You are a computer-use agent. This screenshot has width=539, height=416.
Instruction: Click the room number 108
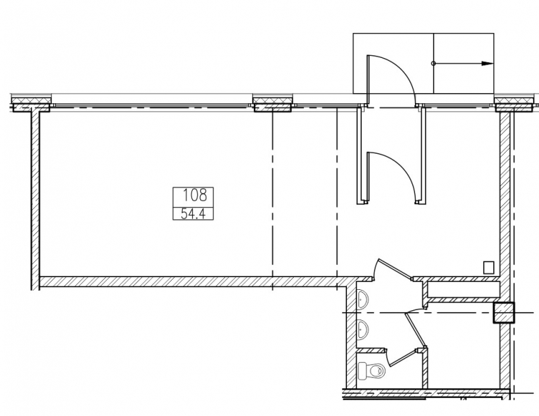(194, 196)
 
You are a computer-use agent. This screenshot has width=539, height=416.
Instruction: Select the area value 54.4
(193, 214)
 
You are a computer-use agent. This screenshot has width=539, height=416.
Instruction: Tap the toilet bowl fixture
(371, 371)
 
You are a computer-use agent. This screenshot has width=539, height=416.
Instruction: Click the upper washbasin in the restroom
(362, 299)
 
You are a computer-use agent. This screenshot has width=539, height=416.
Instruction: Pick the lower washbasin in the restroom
(362, 329)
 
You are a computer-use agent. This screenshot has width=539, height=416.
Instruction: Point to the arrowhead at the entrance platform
(487, 63)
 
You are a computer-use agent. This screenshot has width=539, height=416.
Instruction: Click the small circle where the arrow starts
(433, 63)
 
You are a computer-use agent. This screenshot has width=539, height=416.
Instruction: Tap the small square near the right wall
(488, 268)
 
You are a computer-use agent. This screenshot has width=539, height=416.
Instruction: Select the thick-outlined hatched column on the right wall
(504, 313)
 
